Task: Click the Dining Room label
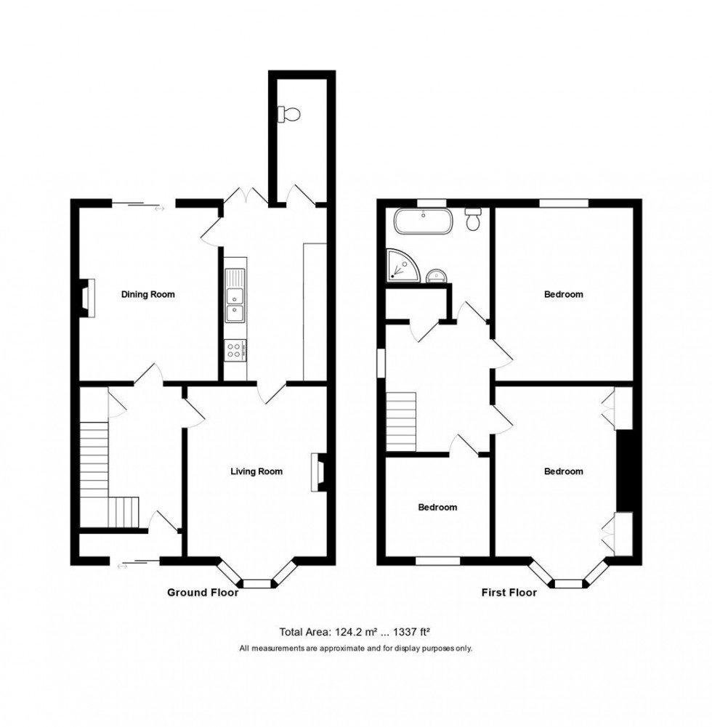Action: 147,294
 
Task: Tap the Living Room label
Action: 256,471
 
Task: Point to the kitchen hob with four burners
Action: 235,351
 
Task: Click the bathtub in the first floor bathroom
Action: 423,221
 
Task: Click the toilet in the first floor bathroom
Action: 474,219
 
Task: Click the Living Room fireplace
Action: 320,472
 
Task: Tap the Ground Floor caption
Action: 203,593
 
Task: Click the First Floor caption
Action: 509,593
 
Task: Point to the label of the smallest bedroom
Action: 437,507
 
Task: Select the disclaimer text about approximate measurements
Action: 356,648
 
